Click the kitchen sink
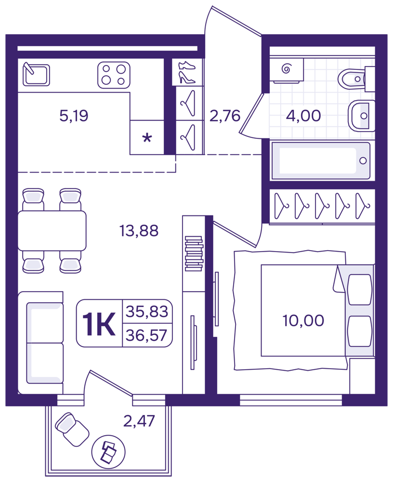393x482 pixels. pyautogui.click(x=36, y=74)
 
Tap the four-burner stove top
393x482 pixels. pyautogui.click(x=114, y=75)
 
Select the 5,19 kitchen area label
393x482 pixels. pyautogui.click(x=74, y=116)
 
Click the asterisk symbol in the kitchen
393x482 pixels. pyautogui.click(x=147, y=138)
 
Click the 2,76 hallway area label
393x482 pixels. pyautogui.click(x=224, y=116)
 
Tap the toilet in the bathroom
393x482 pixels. pyautogui.click(x=356, y=79)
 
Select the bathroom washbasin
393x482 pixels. pyautogui.click(x=361, y=116)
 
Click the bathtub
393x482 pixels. pyautogui.click(x=321, y=161)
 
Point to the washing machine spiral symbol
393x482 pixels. pyautogui.click(x=286, y=68)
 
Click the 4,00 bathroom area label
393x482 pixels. pyautogui.click(x=303, y=116)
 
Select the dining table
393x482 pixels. pyautogui.click(x=52, y=230)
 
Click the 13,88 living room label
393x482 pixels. pyautogui.click(x=139, y=230)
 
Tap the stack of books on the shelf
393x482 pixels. pyautogui.click(x=194, y=254)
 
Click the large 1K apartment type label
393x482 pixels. pyautogui.click(x=99, y=323)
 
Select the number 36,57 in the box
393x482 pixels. pyautogui.click(x=146, y=335)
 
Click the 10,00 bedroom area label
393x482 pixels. pyautogui.click(x=303, y=321)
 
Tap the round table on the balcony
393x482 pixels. pyautogui.click(x=108, y=452)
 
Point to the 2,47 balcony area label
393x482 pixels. pyautogui.click(x=139, y=421)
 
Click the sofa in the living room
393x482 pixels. pyautogui.click(x=40, y=343)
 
